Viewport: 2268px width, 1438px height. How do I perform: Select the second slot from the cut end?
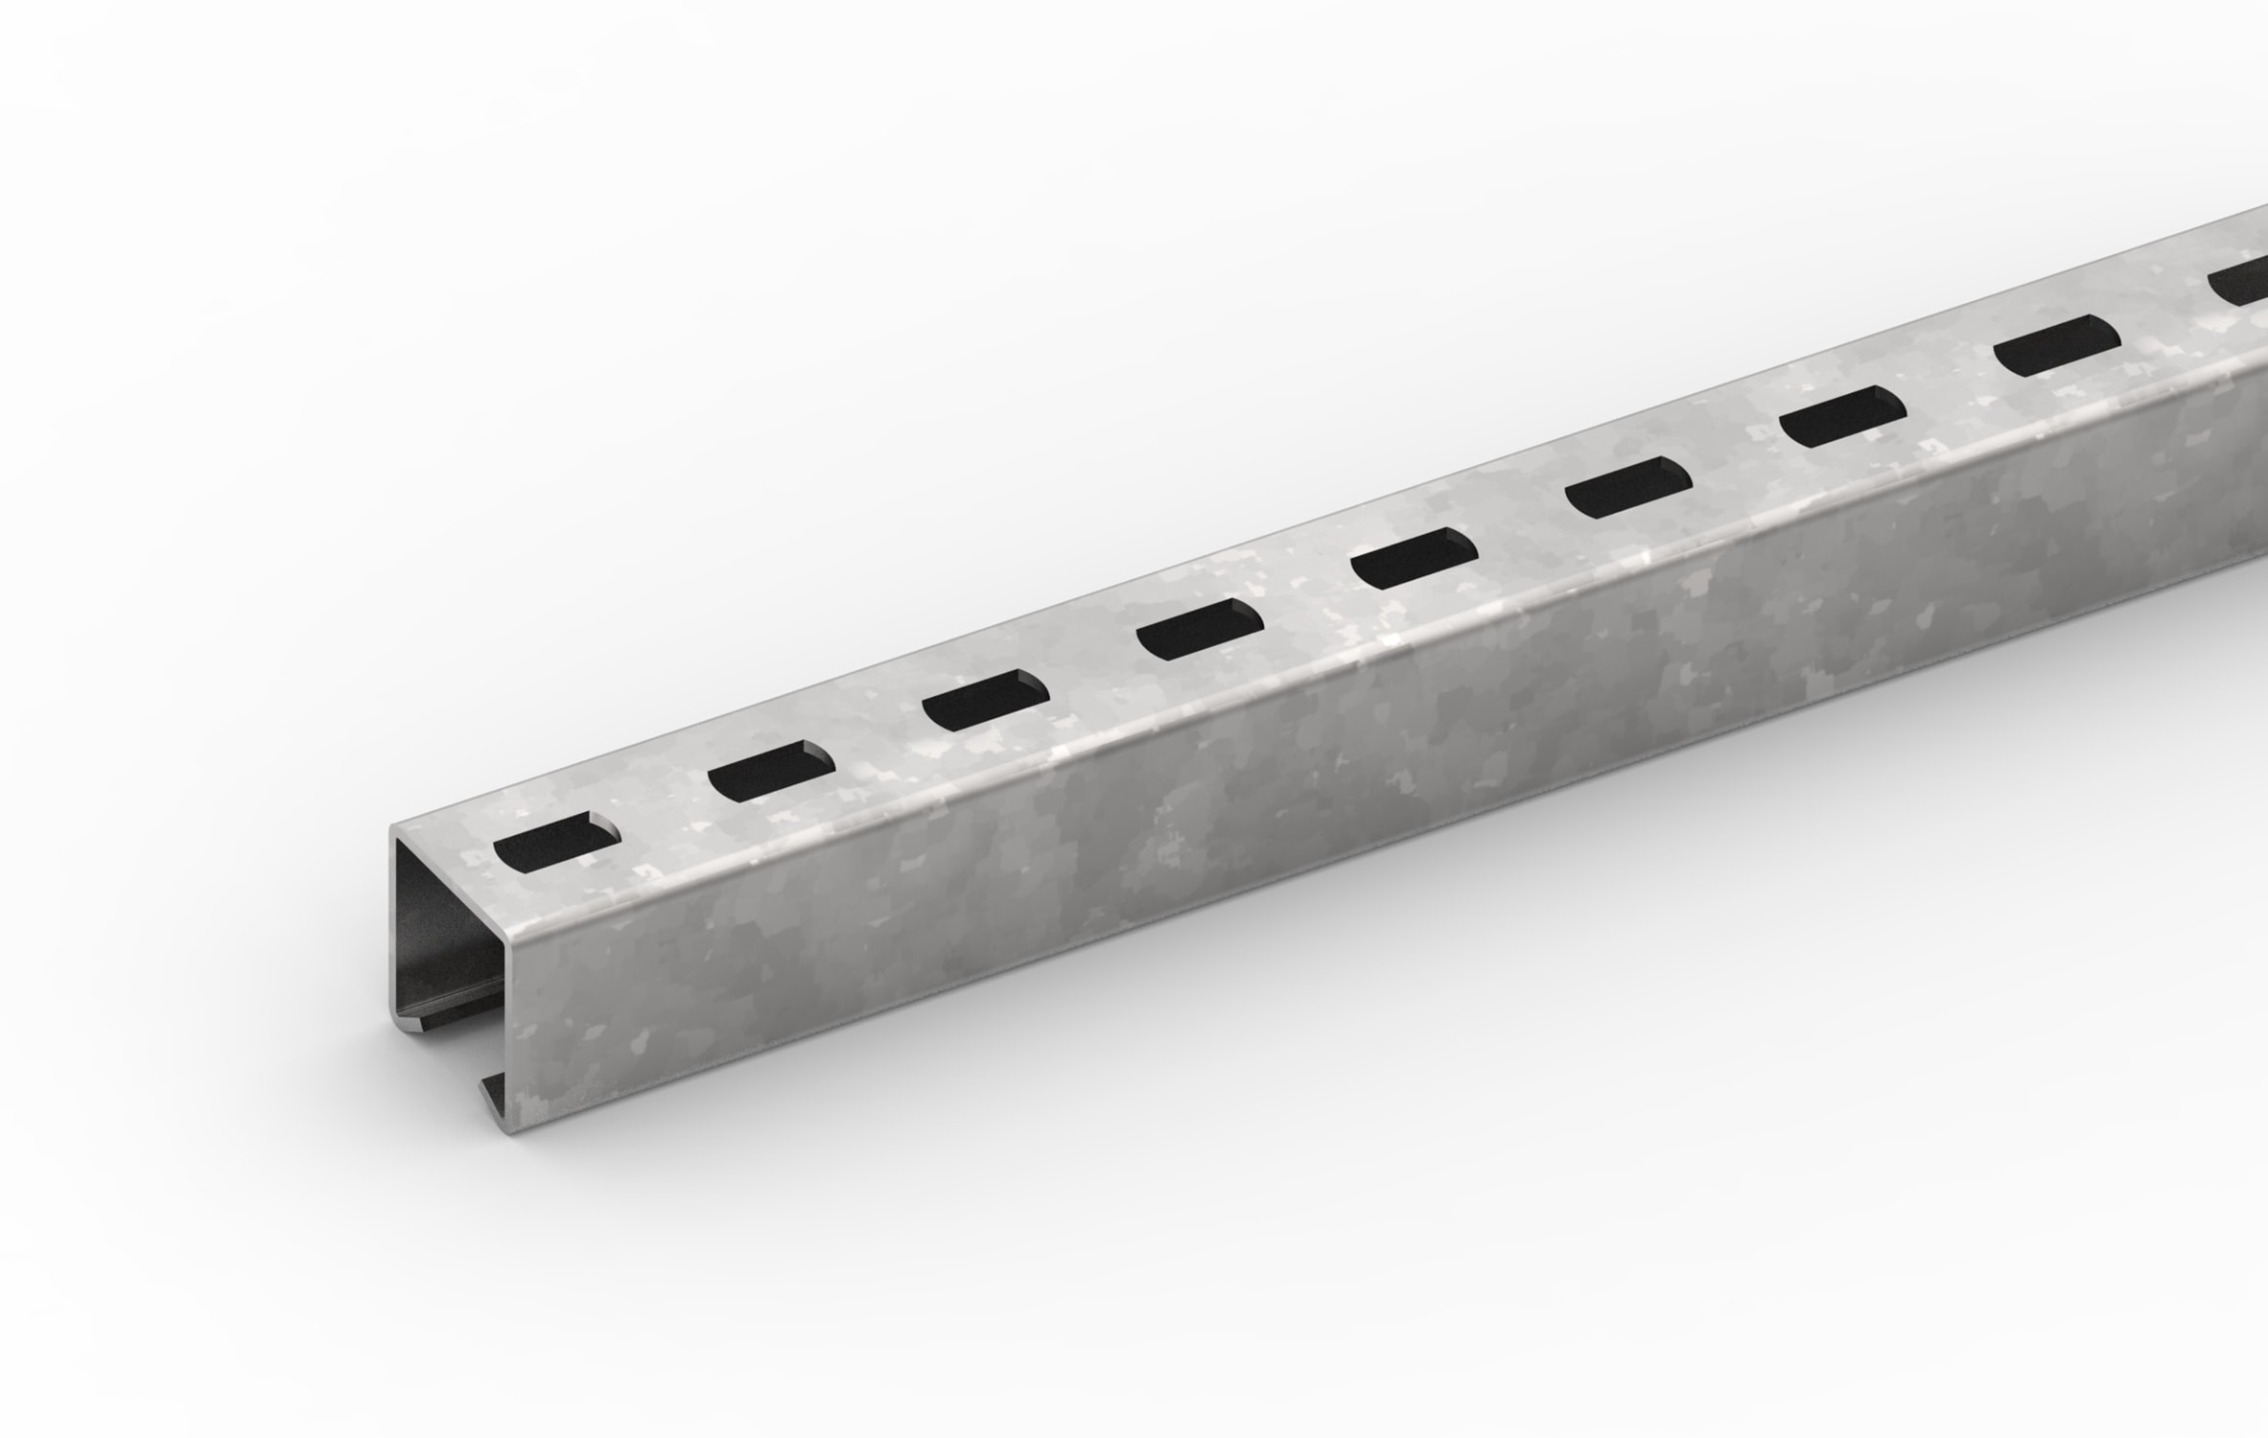pos(771,770)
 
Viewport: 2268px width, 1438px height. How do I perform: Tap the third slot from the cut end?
pos(985,700)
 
